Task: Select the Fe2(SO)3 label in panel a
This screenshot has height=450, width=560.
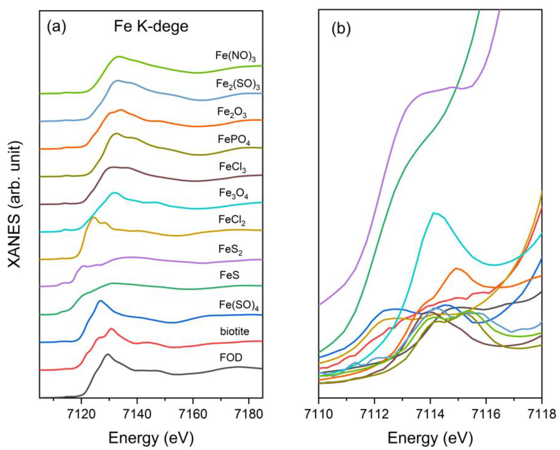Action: coord(238,84)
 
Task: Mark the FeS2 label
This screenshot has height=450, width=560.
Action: coord(230,250)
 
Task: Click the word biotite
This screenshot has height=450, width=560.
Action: coord(235,332)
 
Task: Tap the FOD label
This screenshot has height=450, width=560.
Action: coord(231,358)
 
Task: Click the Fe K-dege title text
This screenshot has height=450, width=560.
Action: coord(151,27)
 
